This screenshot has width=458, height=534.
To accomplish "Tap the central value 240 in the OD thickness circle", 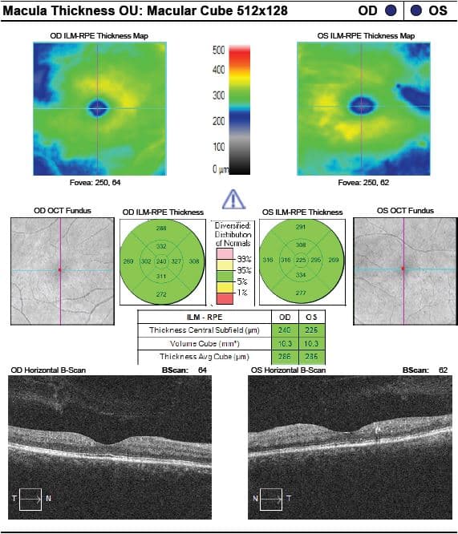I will click(161, 262).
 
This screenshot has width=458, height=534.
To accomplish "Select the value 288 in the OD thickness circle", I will click(161, 229).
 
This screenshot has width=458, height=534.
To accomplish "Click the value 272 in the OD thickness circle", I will click(161, 295).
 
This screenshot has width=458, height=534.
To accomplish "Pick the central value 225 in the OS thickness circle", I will click(301, 261).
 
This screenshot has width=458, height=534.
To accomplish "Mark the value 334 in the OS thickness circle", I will click(301, 276).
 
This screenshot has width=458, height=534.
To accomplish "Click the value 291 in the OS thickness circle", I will click(301, 229).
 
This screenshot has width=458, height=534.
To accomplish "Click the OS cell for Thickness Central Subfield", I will click(313, 330).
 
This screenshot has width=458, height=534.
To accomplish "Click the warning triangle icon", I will click(231, 197).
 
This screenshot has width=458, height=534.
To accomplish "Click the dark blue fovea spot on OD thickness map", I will click(99, 107).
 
